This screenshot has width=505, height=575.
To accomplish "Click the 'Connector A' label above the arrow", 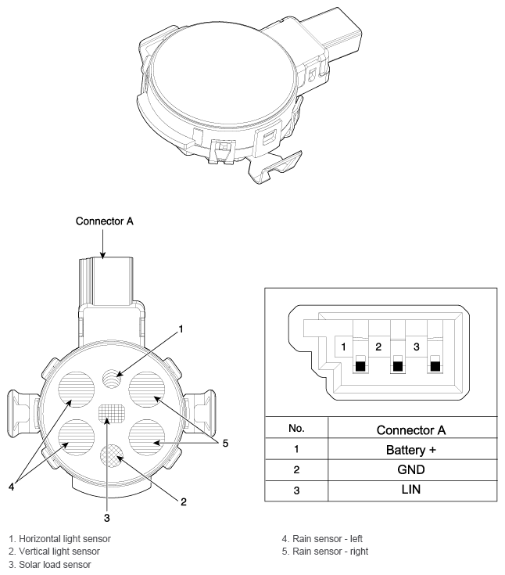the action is click(105, 221).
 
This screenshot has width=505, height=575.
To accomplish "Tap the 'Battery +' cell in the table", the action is click(411, 450).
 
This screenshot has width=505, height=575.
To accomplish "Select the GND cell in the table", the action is click(411, 469).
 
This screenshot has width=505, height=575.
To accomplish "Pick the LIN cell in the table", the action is click(411, 489).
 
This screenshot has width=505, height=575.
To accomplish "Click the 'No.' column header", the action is click(296, 428).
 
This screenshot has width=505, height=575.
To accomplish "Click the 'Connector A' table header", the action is click(411, 430).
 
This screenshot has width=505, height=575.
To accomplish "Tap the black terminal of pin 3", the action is click(435, 366).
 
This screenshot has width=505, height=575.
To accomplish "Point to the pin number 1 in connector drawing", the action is click(343, 347).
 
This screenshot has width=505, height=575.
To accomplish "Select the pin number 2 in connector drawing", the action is click(378, 347).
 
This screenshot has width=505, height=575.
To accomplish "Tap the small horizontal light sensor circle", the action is click(112, 378).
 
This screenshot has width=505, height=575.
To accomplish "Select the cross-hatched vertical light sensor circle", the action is click(112, 455).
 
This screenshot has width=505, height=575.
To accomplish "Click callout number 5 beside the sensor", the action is click(225, 444).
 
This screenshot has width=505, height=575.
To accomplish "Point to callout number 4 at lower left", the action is click(12, 487).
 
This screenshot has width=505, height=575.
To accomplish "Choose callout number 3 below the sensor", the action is click(106, 518).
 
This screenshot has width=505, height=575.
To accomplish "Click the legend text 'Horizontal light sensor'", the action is click(65, 539).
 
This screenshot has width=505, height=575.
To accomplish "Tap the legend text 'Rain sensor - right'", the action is click(330, 552).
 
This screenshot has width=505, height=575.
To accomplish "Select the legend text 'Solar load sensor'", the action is click(55, 564).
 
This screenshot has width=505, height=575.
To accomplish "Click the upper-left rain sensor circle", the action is click(77, 390).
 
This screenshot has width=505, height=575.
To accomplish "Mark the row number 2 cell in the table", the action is click(296, 469).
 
